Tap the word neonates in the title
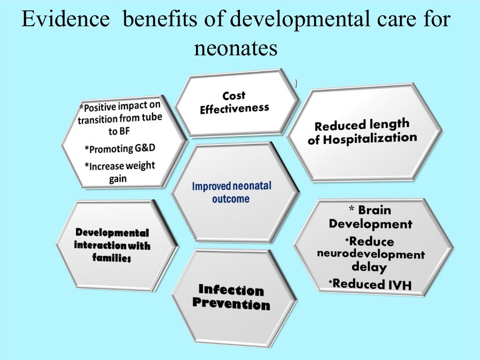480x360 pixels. click(x=236, y=48)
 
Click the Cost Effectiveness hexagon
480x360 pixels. click(x=234, y=103)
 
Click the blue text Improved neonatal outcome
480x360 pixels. click(x=232, y=192)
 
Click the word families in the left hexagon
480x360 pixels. click(x=111, y=258)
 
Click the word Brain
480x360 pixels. click(x=375, y=210)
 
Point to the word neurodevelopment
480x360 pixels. click(x=370, y=254)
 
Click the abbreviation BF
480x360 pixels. click(x=113, y=131)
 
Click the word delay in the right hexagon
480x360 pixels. click(x=369, y=268)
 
